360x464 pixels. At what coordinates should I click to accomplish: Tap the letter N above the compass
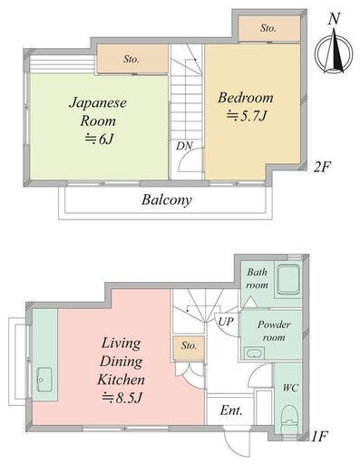click(334, 19)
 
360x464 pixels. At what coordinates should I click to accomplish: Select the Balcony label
click(167, 200)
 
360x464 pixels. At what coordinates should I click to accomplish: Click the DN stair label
click(184, 146)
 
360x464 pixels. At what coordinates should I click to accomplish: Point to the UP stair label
click(226, 322)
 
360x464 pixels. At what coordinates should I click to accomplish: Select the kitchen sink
click(44, 380)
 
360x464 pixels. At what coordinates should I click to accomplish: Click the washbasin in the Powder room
click(254, 353)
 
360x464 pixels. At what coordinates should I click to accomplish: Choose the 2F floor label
click(322, 167)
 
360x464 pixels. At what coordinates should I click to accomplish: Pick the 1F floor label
click(319, 436)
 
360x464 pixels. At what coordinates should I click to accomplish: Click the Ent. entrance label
click(231, 411)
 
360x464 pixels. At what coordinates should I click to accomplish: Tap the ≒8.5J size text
click(122, 398)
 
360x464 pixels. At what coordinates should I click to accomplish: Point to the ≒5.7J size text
click(247, 116)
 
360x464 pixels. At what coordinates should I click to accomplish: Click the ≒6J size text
click(99, 139)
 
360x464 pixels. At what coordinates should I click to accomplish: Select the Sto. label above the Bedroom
click(268, 28)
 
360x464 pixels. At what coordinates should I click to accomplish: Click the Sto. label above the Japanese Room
click(131, 59)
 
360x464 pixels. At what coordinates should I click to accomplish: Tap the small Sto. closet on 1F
click(189, 348)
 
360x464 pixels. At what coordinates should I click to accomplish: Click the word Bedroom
click(246, 98)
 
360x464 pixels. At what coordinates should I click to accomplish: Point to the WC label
click(290, 388)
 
